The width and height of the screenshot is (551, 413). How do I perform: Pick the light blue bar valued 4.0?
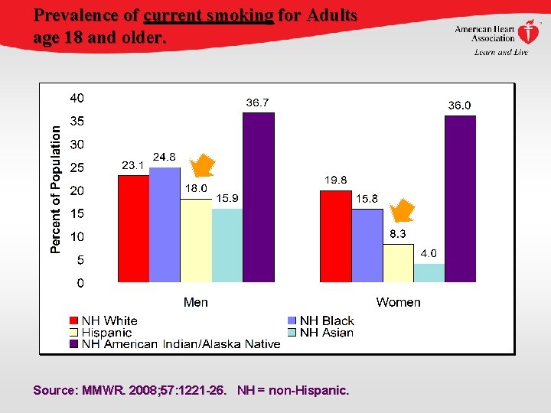(x=429, y=273)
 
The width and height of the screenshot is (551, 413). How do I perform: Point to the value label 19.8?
(x=335, y=180)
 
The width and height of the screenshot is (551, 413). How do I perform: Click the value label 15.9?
(x=227, y=198)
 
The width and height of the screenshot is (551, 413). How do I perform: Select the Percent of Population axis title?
(x=56, y=189)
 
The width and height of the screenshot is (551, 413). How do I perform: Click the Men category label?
(x=196, y=302)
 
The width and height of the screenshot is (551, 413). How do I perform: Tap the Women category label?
(x=398, y=302)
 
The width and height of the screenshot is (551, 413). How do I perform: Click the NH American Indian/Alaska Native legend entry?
(x=181, y=344)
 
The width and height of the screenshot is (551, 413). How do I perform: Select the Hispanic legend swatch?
(x=73, y=333)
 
